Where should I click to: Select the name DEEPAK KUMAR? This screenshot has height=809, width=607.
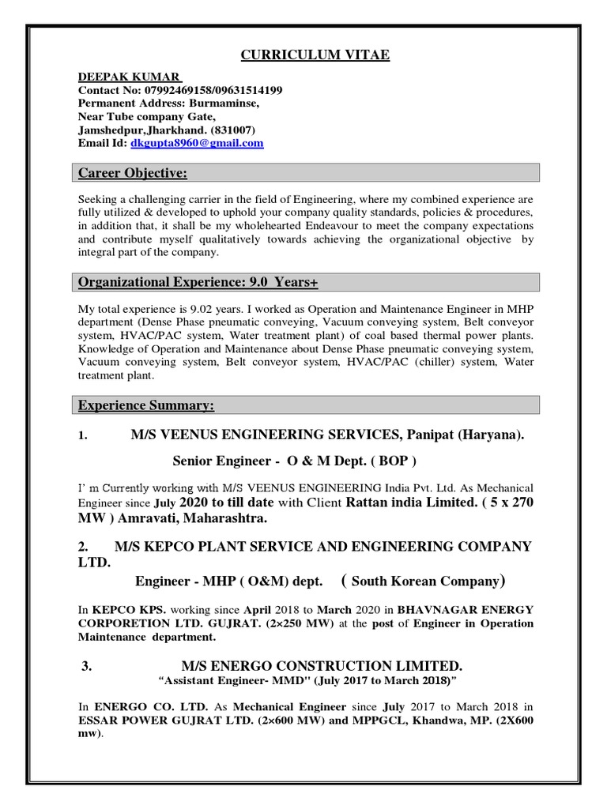[130, 77]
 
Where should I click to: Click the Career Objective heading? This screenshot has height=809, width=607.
[131, 173]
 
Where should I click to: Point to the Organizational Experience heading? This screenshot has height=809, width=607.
[198, 282]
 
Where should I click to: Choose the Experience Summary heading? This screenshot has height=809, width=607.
[145, 405]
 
